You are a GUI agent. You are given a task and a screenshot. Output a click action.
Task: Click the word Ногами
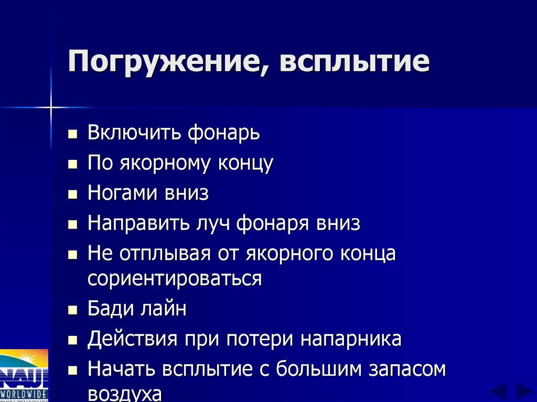122,193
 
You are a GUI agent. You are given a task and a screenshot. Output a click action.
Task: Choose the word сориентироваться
174,278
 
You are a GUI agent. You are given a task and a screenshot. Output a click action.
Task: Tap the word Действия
132,339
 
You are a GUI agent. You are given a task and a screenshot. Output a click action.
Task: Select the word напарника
351,339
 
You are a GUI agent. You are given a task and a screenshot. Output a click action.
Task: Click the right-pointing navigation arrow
524,391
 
